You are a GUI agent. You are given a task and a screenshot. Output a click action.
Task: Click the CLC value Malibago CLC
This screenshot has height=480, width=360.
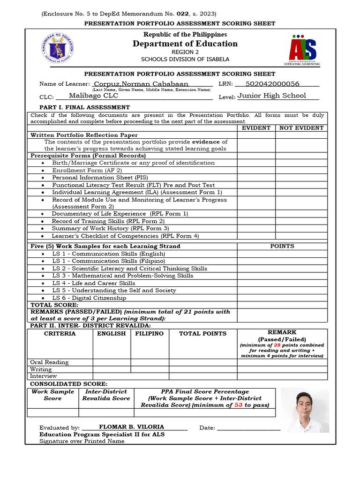pyautogui.click(x=94, y=96)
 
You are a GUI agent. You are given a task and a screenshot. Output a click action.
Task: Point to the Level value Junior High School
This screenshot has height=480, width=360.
pyautogui.click(x=271, y=96)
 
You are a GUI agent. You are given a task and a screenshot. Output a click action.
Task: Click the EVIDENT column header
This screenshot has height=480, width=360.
pyautogui.click(x=256, y=127)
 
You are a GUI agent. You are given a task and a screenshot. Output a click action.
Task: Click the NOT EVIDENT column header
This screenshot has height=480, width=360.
pyautogui.click(x=301, y=127)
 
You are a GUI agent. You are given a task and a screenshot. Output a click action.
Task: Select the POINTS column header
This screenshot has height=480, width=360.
pyautogui.click(x=282, y=246)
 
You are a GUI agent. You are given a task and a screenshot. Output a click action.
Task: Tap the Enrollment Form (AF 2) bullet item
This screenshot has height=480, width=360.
pyautogui.click(x=87, y=170)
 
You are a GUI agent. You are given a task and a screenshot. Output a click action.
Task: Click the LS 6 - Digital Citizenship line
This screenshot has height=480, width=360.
pyautogui.click(x=89, y=298)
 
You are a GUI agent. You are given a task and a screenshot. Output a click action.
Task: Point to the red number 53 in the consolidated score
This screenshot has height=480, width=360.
pyautogui.click(x=238, y=405)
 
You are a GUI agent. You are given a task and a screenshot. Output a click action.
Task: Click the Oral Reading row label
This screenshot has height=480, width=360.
pyautogui.click(x=49, y=362)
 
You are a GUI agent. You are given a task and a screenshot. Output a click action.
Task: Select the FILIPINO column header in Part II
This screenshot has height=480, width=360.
pyautogui.click(x=150, y=334)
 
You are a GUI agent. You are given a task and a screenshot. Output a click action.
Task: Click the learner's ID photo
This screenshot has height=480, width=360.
pyautogui.click(x=305, y=410)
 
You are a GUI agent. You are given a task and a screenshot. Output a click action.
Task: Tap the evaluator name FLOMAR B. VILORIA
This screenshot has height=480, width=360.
pyautogui.click(x=131, y=427)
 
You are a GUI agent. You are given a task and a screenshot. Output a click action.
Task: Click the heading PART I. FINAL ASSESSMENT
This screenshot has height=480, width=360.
pyautogui.click(x=80, y=107)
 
